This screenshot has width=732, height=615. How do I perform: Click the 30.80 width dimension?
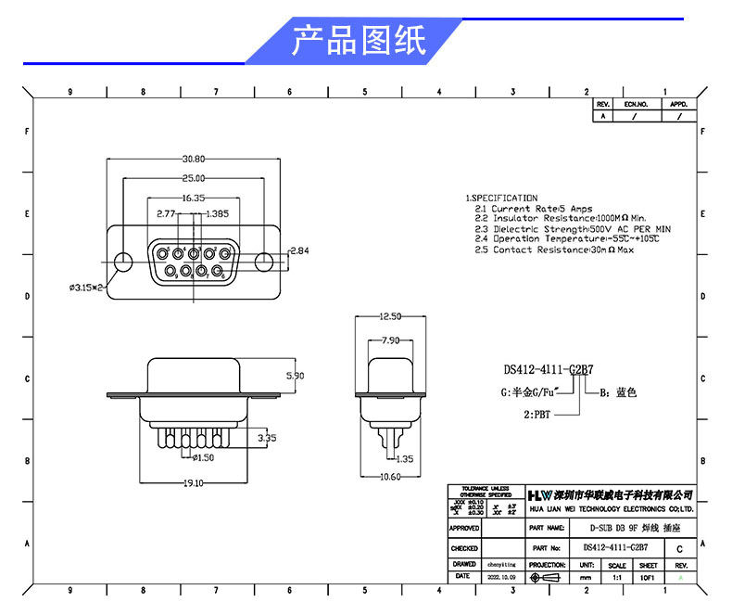(x=194, y=159)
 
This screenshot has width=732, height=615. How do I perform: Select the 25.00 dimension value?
(x=194, y=178)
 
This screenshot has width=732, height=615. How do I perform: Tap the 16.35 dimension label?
(x=193, y=198)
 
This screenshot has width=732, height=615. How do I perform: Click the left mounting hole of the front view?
(x=121, y=261)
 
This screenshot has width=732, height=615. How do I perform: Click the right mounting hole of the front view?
(x=265, y=261)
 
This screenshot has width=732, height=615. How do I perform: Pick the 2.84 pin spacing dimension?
(x=299, y=251)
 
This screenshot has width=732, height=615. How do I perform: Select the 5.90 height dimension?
(x=296, y=376)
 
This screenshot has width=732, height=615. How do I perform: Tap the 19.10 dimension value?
(x=193, y=483)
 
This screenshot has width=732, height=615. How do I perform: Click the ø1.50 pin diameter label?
(x=203, y=457)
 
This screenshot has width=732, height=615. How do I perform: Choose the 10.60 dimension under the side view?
(x=390, y=477)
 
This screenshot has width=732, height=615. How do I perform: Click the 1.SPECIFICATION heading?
(x=501, y=199)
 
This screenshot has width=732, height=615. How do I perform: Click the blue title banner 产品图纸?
(x=357, y=42)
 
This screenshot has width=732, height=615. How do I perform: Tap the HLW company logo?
(x=539, y=494)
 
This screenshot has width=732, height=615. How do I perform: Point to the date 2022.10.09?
(x=501, y=577)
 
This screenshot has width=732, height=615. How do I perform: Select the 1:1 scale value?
(x=616, y=577)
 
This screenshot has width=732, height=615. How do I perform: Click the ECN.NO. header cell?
(x=636, y=105)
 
